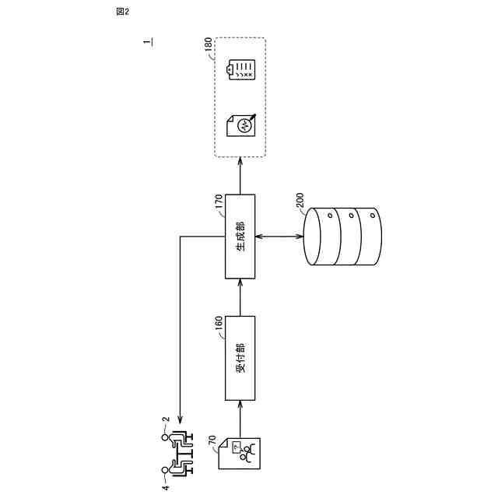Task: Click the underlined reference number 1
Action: click(147, 44)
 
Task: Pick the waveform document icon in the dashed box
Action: click(240, 122)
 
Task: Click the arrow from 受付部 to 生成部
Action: click(240, 297)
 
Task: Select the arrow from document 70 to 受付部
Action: click(240, 418)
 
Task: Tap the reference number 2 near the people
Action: click(165, 421)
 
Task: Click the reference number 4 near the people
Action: click(165, 488)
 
